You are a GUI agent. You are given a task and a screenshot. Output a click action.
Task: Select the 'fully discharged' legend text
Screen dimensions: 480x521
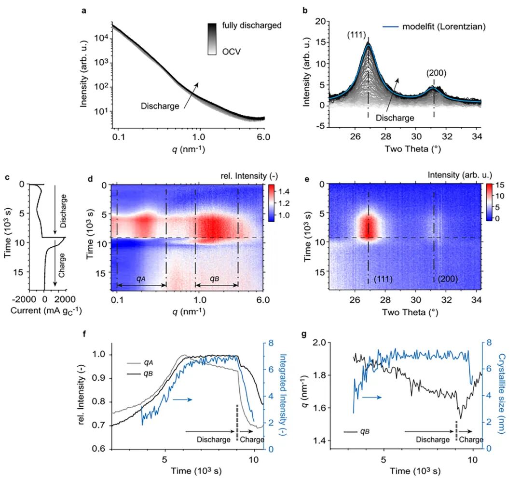(x=252, y=25)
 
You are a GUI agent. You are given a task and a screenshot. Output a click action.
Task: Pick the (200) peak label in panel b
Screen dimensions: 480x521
(x=436, y=73)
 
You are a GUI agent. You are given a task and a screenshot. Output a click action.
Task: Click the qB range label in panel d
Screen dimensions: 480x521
(x=216, y=279)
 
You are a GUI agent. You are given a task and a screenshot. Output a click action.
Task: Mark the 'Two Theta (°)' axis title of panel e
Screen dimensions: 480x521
(x=404, y=312)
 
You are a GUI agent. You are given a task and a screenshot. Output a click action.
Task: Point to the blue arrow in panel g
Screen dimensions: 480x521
(x=371, y=398)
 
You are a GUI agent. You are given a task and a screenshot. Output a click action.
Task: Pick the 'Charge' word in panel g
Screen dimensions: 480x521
(x=470, y=440)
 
